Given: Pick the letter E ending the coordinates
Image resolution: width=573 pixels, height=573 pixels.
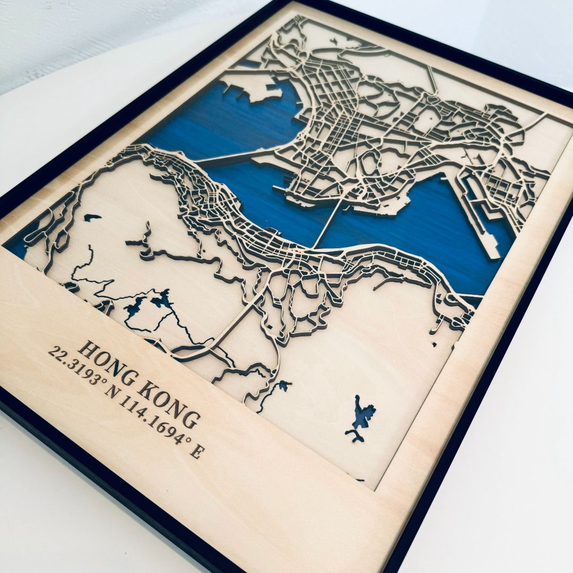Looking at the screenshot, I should click(x=197, y=453).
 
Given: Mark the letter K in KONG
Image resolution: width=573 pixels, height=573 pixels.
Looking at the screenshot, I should click(x=146, y=390).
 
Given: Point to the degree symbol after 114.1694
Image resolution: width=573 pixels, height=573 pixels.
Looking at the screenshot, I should click(x=183, y=440).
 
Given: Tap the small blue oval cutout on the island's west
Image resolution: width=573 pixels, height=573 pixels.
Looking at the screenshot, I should click(x=92, y=217).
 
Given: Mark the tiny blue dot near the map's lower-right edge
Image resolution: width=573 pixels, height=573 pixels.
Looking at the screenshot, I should click(x=435, y=344).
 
